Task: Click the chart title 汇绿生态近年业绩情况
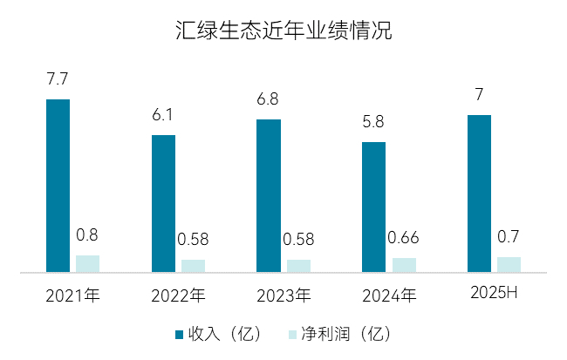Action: pyautogui.click(x=283, y=32)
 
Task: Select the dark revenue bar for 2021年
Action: pyautogui.click(x=58, y=186)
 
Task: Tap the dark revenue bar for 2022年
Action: pyautogui.click(x=163, y=203)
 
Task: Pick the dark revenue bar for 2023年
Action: pyautogui.click(x=268, y=196)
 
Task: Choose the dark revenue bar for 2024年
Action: pyautogui.click(x=373, y=207)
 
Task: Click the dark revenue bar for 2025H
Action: pyautogui.click(x=479, y=194)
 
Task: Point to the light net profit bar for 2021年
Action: pyautogui.click(x=87, y=263)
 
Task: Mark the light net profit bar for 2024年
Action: pyautogui.click(x=404, y=265)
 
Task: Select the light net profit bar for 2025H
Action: pyautogui.click(x=509, y=264)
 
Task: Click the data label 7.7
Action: pyautogui.click(x=58, y=79)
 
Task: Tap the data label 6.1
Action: pyautogui.click(x=163, y=115)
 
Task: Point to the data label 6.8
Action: pyautogui.click(x=268, y=99)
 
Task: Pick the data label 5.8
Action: pyautogui.click(x=373, y=122)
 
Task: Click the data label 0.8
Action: pyautogui.click(x=87, y=235)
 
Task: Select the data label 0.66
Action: pyautogui.click(x=404, y=238)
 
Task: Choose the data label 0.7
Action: pyautogui.click(x=509, y=237)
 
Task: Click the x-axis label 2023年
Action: pyautogui.click(x=283, y=295)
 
